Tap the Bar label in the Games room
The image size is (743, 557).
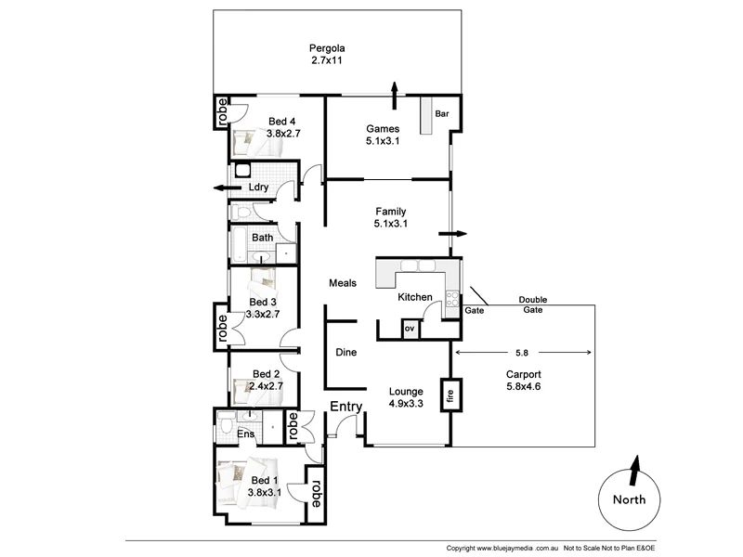click(442, 114)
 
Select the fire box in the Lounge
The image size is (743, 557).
click(452, 395)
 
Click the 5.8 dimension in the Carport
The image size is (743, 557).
click(524, 353)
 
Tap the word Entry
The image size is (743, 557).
click(346, 407)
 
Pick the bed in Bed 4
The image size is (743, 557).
click(248, 143)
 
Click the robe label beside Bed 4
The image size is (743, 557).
click(223, 111)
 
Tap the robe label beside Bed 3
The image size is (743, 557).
click(222, 330)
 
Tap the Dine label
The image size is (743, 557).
click(345, 353)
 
